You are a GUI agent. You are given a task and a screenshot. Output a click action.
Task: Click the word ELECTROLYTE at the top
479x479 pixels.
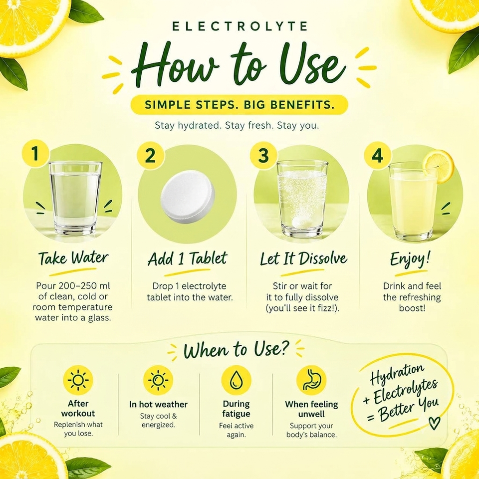(x=239, y=26)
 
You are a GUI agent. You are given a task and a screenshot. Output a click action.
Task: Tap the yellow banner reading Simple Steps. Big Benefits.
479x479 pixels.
(x=239, y=105)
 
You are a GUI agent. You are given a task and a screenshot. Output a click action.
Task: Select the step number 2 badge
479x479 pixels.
(x=150, y=156)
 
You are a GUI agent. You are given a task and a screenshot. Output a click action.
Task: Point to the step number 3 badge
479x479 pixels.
(x=263, y=155)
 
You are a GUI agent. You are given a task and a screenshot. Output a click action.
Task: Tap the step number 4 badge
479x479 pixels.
(x=378, y=156)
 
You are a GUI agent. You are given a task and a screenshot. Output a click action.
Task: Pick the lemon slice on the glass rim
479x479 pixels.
(x=439, y=167)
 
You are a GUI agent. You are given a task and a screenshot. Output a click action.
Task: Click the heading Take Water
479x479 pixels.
(x=73, y=258)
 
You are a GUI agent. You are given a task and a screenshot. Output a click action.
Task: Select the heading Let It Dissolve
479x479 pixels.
(x=304, y=259)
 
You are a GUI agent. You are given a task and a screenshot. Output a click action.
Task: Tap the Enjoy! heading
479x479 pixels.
(x=410, y=259)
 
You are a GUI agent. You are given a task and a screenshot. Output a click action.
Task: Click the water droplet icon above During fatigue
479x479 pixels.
(x=236, y=380)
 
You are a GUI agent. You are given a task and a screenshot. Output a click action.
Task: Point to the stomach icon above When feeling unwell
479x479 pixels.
(x=311, y=380)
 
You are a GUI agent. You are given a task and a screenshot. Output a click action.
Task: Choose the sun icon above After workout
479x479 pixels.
(x=78, y=380)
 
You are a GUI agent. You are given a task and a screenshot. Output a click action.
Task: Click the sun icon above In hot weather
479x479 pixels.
(x=158, y=380)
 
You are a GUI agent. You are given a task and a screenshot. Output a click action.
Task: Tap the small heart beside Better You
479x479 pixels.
(x=435, y=423)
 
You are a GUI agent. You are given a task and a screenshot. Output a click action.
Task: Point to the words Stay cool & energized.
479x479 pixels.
(x=158, y=420)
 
